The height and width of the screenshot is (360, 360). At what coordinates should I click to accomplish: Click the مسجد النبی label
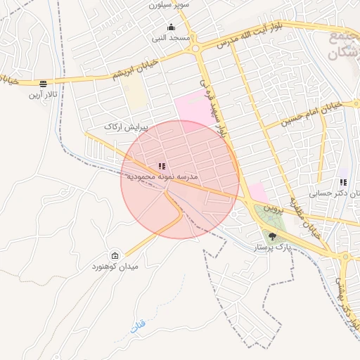172,37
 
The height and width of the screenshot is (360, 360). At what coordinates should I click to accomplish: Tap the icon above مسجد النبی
172,27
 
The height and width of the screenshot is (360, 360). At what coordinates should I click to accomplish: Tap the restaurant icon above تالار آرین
44,83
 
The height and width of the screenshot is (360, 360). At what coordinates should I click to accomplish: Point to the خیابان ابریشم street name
140,67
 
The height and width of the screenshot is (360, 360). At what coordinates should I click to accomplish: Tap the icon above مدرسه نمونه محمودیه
162,167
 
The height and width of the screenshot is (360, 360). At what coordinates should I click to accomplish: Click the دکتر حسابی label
333,193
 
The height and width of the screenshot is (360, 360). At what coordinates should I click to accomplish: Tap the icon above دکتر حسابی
343,183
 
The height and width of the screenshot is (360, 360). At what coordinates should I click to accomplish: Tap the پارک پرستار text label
273,247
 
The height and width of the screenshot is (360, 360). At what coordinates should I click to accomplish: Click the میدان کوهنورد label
115,267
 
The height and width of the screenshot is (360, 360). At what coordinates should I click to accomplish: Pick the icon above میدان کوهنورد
115,256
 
